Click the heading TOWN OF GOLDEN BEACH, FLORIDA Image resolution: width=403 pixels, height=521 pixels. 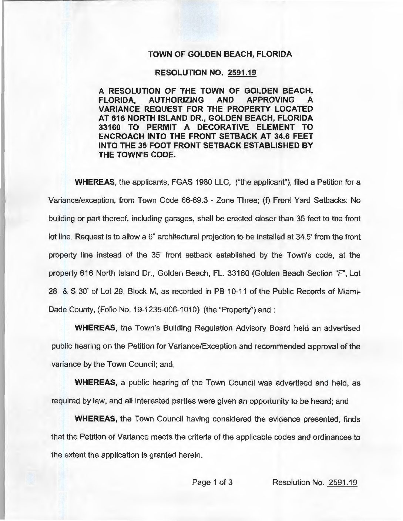click(x=220, y=54)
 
